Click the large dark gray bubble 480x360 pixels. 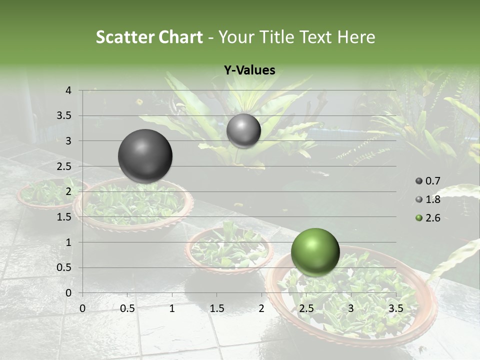[x=145, y=156]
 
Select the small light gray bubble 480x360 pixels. [x=243, y=130]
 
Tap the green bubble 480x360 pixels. [x=315, y=252]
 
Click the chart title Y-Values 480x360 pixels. [x=249, y=70]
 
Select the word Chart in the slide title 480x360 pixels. [x=180, y=37]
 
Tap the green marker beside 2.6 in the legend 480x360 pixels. [x=419, y=218]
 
